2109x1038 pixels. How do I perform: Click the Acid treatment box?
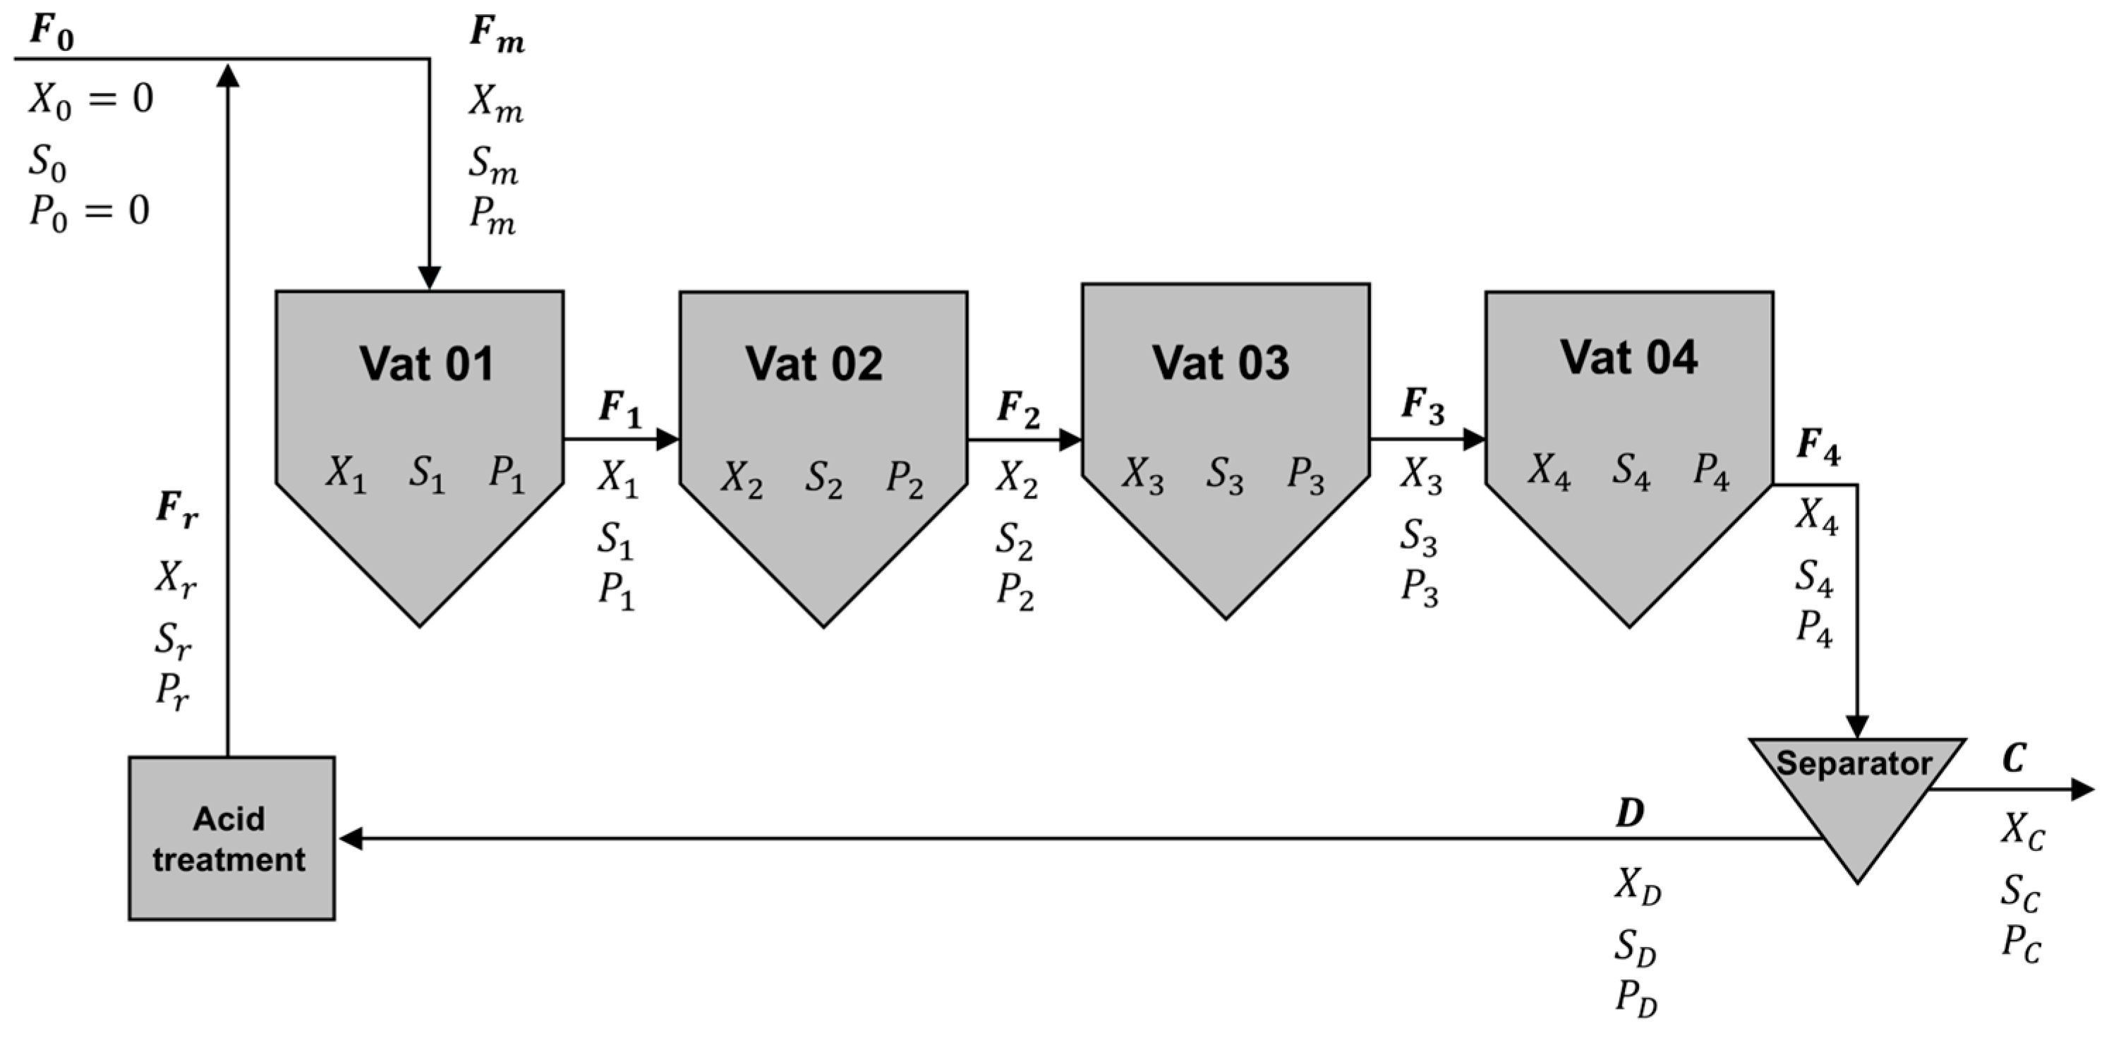click(x=231, y=838)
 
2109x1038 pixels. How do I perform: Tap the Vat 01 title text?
click(x=427, y=363)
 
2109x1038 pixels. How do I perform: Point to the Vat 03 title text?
click(x=1221, y=362)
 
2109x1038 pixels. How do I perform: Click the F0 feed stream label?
click(x=52, y=32)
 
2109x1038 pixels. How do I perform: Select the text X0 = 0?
click(x=91, y=100)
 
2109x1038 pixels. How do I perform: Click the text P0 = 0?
click(x=89, y=211)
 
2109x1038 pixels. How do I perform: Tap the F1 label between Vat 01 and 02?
click(x=619, y=408)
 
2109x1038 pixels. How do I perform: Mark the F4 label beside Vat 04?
click(x=1818, y=447)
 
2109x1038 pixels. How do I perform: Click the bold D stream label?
click(x=1629, y=813)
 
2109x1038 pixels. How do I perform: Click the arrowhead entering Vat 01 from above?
click(x=429, y=278)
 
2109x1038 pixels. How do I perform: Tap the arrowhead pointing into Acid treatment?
click(x=351, y=838)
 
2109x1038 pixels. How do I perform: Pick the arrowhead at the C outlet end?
click(x=2082, y=789)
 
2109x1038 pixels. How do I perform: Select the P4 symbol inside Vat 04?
click(x=1711, y=471)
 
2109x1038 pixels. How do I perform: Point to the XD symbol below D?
click(x=1638, y=886)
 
